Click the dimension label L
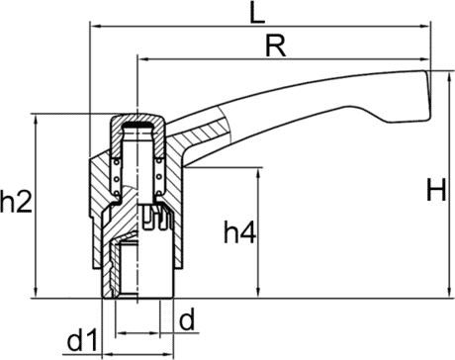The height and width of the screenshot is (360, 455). click(257, 12)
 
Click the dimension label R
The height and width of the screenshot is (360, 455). click(276, 46)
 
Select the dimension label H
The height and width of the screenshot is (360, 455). click(436, 190)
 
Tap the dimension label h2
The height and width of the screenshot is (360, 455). click(17, 201)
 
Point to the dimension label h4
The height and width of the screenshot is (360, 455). click(239, 231)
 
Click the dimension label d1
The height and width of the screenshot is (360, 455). click(83, 339)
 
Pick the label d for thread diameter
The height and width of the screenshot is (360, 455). click(187, 319)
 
